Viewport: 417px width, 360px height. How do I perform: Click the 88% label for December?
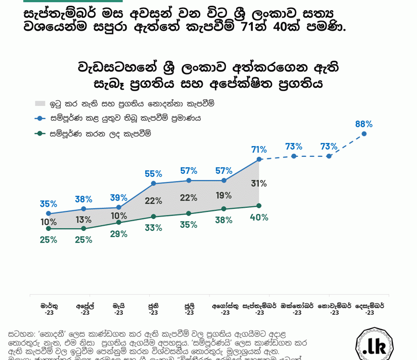(363, 124)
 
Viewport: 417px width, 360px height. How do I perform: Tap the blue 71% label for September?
(259, 150)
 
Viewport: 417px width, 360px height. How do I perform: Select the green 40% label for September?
(259, 218)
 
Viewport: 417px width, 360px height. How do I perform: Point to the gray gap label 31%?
(259, 184)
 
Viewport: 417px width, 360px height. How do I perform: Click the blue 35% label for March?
(48, 204)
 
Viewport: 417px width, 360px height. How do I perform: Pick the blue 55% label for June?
(153, 174)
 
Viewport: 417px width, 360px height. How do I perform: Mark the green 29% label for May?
(118, 234)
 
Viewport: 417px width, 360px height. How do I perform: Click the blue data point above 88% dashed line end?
(364, 134)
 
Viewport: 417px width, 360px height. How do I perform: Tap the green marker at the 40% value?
(259, 206)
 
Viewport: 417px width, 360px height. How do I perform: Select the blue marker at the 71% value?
(259, 159)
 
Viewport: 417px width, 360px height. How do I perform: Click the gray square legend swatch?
(40, 104)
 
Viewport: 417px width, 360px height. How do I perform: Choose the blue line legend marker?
(41, 118)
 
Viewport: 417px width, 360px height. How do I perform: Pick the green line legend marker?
(41, 134)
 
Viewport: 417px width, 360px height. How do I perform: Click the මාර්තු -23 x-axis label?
(49, 309)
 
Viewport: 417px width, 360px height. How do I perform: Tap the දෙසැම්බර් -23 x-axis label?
(370, 309)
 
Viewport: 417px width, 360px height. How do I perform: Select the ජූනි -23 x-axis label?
(153, 309)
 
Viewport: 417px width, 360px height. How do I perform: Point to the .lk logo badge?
(374, 345)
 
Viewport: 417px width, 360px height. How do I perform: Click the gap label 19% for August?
(223, 195)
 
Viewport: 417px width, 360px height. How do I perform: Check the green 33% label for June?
(153, 228)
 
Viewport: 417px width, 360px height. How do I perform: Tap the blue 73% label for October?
(293, 147)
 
